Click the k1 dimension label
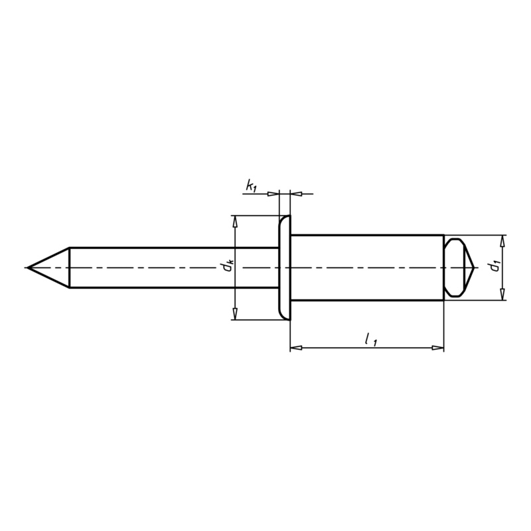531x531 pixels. point(251,187)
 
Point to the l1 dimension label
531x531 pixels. point(370,340)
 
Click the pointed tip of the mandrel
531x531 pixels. point(29,267)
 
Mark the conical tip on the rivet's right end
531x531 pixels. point(473,267)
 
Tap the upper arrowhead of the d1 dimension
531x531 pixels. point(502,240)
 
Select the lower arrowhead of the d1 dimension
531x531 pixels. point(502,295)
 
